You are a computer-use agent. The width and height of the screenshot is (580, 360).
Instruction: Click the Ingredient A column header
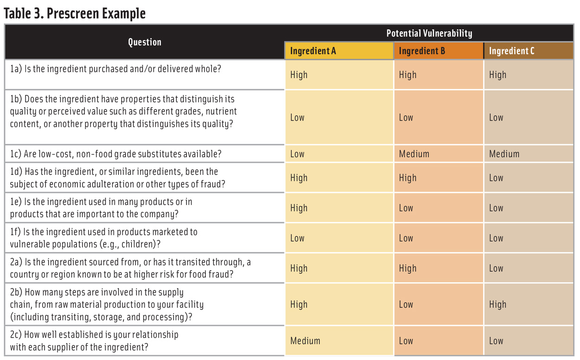(313, 51)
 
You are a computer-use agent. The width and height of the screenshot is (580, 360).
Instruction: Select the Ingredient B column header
(422, 51)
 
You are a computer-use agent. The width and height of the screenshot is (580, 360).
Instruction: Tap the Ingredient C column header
(511, 51)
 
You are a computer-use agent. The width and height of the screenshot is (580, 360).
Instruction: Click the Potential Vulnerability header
(429, 33)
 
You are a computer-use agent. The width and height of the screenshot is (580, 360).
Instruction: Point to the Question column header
(144, 42)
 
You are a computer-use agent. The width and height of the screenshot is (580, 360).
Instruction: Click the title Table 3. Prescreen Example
(75, 13)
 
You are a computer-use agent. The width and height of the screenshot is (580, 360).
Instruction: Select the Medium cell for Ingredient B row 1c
(414, 154)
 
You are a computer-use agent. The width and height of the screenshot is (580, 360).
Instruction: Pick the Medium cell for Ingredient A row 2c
(305, 341)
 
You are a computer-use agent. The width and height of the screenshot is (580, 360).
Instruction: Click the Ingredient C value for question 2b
(497, 305)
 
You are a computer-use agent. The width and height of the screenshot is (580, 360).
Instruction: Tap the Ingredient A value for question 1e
(299, 208)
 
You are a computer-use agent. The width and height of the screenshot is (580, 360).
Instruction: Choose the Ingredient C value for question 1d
(496, 178)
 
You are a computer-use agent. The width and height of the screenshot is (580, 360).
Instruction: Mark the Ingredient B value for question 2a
(407, 269)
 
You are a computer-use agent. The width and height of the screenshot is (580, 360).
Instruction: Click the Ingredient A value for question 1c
(297, 154)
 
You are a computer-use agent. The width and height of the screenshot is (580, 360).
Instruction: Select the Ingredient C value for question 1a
(497, 75)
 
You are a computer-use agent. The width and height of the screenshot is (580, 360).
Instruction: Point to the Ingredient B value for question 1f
(406, 238)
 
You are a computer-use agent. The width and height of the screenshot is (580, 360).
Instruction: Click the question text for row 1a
(116, 69)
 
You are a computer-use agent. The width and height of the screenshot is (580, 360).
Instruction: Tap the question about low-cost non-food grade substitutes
(116, 154)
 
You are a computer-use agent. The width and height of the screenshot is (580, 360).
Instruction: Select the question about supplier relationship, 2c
(94, 341)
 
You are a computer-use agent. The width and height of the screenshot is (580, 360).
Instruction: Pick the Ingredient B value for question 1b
(406, 118)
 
